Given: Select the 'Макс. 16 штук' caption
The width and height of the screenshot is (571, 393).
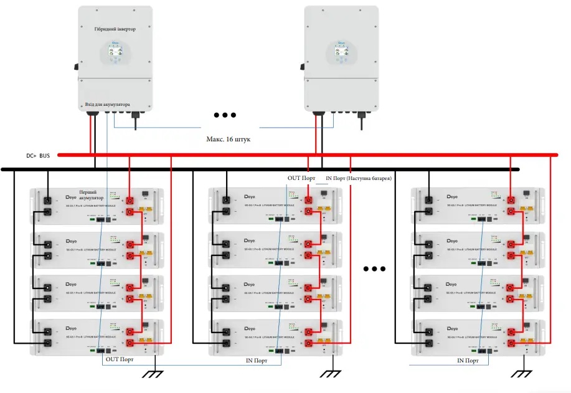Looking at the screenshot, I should [x=229, y=140].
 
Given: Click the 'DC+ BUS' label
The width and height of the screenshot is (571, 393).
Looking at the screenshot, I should [x=38, y=155].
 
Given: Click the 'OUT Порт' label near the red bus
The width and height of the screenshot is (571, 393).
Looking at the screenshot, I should [x=303, y=178].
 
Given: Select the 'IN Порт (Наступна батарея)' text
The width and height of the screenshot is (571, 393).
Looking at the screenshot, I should [x=358, y=178].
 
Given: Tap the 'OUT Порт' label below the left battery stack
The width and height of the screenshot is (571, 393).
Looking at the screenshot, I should [x=120, y=359].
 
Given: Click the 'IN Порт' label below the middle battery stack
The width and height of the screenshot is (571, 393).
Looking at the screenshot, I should [x=257, y=360].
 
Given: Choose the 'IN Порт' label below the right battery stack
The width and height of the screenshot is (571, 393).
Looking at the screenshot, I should [x=468, y=360].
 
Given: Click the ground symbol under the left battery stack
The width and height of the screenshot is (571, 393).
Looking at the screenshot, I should [x=154, y=374].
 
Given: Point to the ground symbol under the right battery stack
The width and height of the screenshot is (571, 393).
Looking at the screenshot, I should [x=519, y=374].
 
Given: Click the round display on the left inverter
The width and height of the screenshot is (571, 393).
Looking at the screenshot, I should [x=115, y=54].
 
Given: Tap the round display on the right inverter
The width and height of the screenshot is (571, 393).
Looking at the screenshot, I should [x=341, y=54].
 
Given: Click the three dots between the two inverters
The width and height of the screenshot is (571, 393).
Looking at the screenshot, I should [x=225, y=115].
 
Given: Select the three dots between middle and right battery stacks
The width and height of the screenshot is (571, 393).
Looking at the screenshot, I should [x=375, y=269].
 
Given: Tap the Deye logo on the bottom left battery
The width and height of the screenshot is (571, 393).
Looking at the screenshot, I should [x=71, y=331].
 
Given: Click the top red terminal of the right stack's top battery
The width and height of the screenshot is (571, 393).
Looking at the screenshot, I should [x=511, y=200].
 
